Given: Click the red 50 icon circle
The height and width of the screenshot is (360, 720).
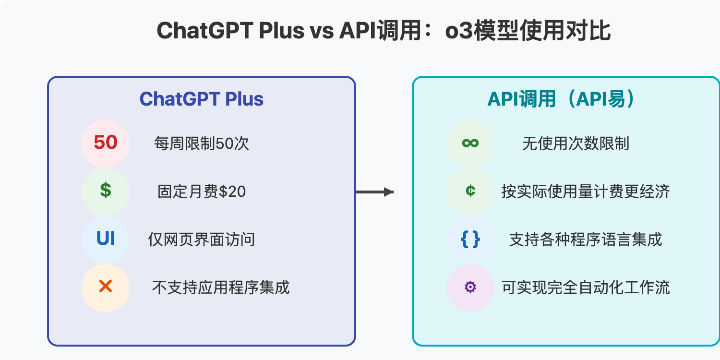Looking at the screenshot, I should [106, 144].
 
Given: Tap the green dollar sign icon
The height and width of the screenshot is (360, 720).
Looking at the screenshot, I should [106, 192].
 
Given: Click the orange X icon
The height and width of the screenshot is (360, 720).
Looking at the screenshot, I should [106, 288].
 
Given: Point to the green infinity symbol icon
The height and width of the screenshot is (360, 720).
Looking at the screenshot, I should [470, 144].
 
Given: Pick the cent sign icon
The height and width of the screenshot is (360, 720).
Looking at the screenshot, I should [470, 192].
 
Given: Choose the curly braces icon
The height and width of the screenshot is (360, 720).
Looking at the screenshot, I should [470, 240].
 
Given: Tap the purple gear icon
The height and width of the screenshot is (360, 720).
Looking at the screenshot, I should [470, 288].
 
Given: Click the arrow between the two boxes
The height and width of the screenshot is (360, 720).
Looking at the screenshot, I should [374, 192].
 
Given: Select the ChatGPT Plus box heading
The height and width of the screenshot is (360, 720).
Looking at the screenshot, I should [202, 99].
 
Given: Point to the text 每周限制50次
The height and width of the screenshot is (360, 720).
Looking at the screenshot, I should [202, 144].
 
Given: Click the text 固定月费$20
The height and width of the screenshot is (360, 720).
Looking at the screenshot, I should [202, 192].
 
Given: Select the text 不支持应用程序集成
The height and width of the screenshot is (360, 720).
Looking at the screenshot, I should [221, 288].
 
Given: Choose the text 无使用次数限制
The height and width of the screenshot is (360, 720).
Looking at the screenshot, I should [576, 144].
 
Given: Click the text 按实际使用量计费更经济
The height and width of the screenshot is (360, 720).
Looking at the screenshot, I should [585, 192].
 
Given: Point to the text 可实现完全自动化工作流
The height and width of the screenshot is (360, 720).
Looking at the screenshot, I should [585, 288].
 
